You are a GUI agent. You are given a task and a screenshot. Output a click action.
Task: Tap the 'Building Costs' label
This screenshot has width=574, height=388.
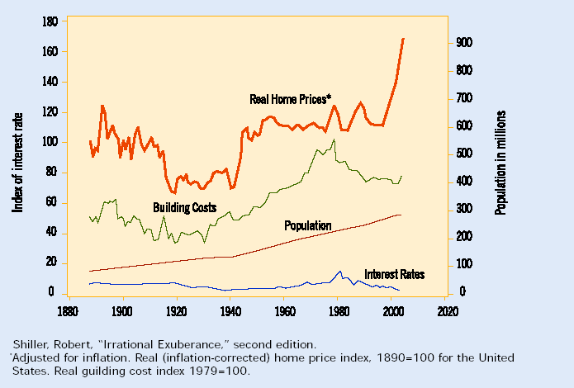(x=184, y=206)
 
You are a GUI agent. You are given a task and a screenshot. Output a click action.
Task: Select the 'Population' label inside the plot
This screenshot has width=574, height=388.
(x=307, y=225)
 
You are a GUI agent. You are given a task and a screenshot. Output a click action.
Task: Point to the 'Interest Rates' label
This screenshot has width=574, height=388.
(x=394, y=274)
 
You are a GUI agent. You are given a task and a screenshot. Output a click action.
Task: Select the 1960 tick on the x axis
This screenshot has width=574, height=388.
(x=285, y=312)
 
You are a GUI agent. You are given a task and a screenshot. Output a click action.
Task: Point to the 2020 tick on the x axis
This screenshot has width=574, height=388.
(x=447, y=312)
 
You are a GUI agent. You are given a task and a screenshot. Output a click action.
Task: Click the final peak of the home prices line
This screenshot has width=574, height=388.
(x=403, y=39)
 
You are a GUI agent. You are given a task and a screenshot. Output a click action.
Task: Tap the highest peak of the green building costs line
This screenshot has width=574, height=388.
(x=334, y=140)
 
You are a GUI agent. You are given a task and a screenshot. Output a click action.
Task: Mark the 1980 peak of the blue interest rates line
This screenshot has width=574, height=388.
(x=339, y=271)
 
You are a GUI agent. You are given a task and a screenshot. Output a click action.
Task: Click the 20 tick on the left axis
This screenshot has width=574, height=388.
(x=50, y=263)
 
